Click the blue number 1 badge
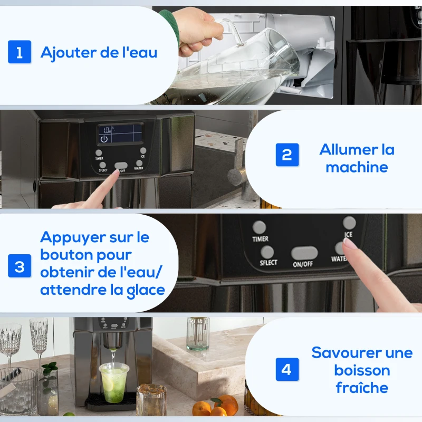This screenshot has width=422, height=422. coord(20,53)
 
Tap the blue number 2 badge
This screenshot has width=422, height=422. coord(287,155)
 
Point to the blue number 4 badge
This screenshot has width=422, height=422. coord(286,369)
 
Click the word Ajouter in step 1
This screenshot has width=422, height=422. coord(62,53)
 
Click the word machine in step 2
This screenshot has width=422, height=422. coord(357,167)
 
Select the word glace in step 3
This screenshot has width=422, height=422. coord(142,290)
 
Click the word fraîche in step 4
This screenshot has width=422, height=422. coord(362,388)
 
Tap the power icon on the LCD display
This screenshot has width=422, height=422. coord(104,139)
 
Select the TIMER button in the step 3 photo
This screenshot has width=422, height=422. coord(259,227)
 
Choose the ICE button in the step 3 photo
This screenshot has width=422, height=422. coord(349,223)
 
